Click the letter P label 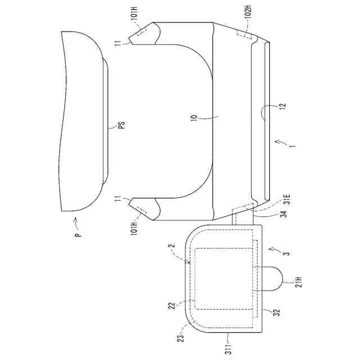[x=79, y=235]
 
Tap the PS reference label [x=123, y=125]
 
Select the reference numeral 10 [x=194, y=117]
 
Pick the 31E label [x=288, y=199]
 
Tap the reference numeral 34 [x=284, y=214]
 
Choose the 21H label [x=299, y=282]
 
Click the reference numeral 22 [x=173, y=305]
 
